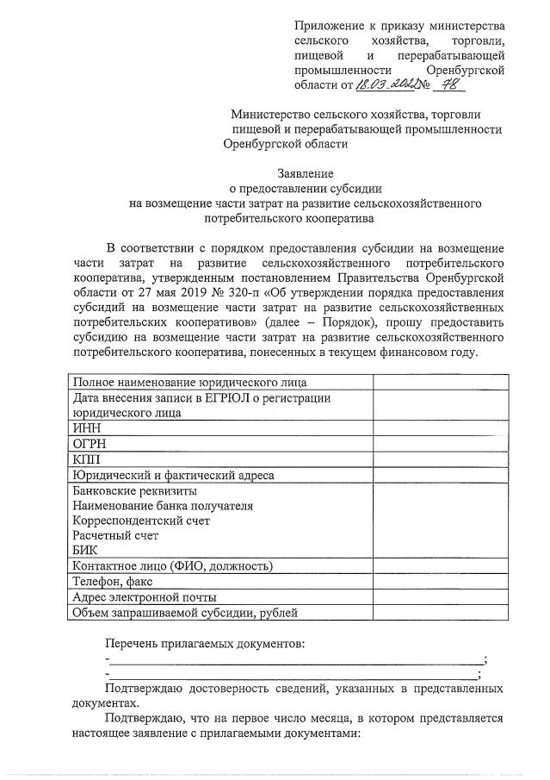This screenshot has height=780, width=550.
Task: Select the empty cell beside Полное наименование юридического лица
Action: (437, 382)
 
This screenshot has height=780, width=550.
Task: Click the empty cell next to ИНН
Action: (437, 427)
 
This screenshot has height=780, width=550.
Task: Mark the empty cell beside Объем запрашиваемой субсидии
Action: (437, 613)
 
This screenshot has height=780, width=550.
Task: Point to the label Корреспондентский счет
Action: (141, 521)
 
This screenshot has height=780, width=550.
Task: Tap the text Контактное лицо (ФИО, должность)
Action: (172, 566)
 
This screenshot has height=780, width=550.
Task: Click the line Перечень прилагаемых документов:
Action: (205, 644)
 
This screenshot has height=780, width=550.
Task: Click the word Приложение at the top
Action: (327, 27)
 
